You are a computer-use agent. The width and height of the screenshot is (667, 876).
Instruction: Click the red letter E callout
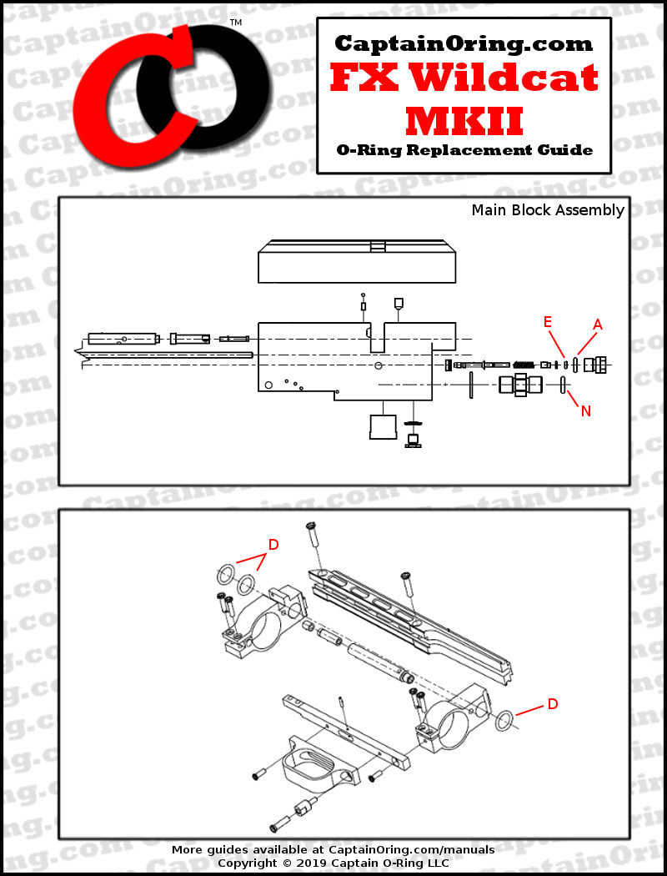[548, 321]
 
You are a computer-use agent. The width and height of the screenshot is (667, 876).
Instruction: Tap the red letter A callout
[597, 323]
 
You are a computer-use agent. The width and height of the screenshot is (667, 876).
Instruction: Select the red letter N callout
[586, 410]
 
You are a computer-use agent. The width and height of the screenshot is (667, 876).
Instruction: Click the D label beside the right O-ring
[552, 704]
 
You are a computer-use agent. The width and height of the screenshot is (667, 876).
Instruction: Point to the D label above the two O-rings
[273, 544]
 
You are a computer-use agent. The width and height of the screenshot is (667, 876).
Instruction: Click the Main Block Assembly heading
[547, 210]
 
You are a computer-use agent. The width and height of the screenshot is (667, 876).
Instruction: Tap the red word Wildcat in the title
[507, 78]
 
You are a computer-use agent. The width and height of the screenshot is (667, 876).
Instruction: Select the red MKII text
[464, 120]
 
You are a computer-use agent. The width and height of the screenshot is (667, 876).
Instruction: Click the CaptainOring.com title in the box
[464, 43]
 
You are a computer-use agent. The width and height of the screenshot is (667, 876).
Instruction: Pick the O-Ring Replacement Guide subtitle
[464, 150]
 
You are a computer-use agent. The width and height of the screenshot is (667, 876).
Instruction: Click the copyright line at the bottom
[333, 863]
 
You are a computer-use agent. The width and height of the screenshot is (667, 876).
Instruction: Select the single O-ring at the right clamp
[504, 720]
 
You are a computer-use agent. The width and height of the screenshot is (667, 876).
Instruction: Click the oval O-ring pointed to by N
[564, 385]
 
